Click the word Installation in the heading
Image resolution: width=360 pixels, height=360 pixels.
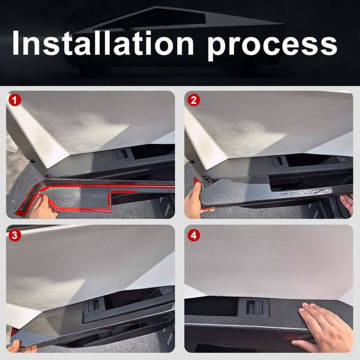click(x=103, y=43)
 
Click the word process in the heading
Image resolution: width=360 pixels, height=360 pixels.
click(x=272, y=46)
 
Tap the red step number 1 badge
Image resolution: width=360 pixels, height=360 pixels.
click(x=14, y=100)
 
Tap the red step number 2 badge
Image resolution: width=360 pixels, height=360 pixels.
click(x=194, y=100)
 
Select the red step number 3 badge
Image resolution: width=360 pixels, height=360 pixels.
click(x=14, y=235)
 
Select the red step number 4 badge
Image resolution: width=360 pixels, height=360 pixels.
click(x=194, y=235)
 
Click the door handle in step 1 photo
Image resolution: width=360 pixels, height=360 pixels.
click(x=122, y=154)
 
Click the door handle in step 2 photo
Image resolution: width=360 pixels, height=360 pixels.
click(x=277, y=161)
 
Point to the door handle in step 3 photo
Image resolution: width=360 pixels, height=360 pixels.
click(x=94, y=305)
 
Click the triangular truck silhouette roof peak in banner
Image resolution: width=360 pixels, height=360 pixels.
click(x=156, y=7)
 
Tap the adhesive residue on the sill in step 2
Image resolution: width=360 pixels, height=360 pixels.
click(x=305, y=191)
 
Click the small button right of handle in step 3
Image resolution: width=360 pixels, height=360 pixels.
click(x=167, y=290)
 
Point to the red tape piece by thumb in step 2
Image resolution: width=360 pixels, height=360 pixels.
click(x=197, y=181)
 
